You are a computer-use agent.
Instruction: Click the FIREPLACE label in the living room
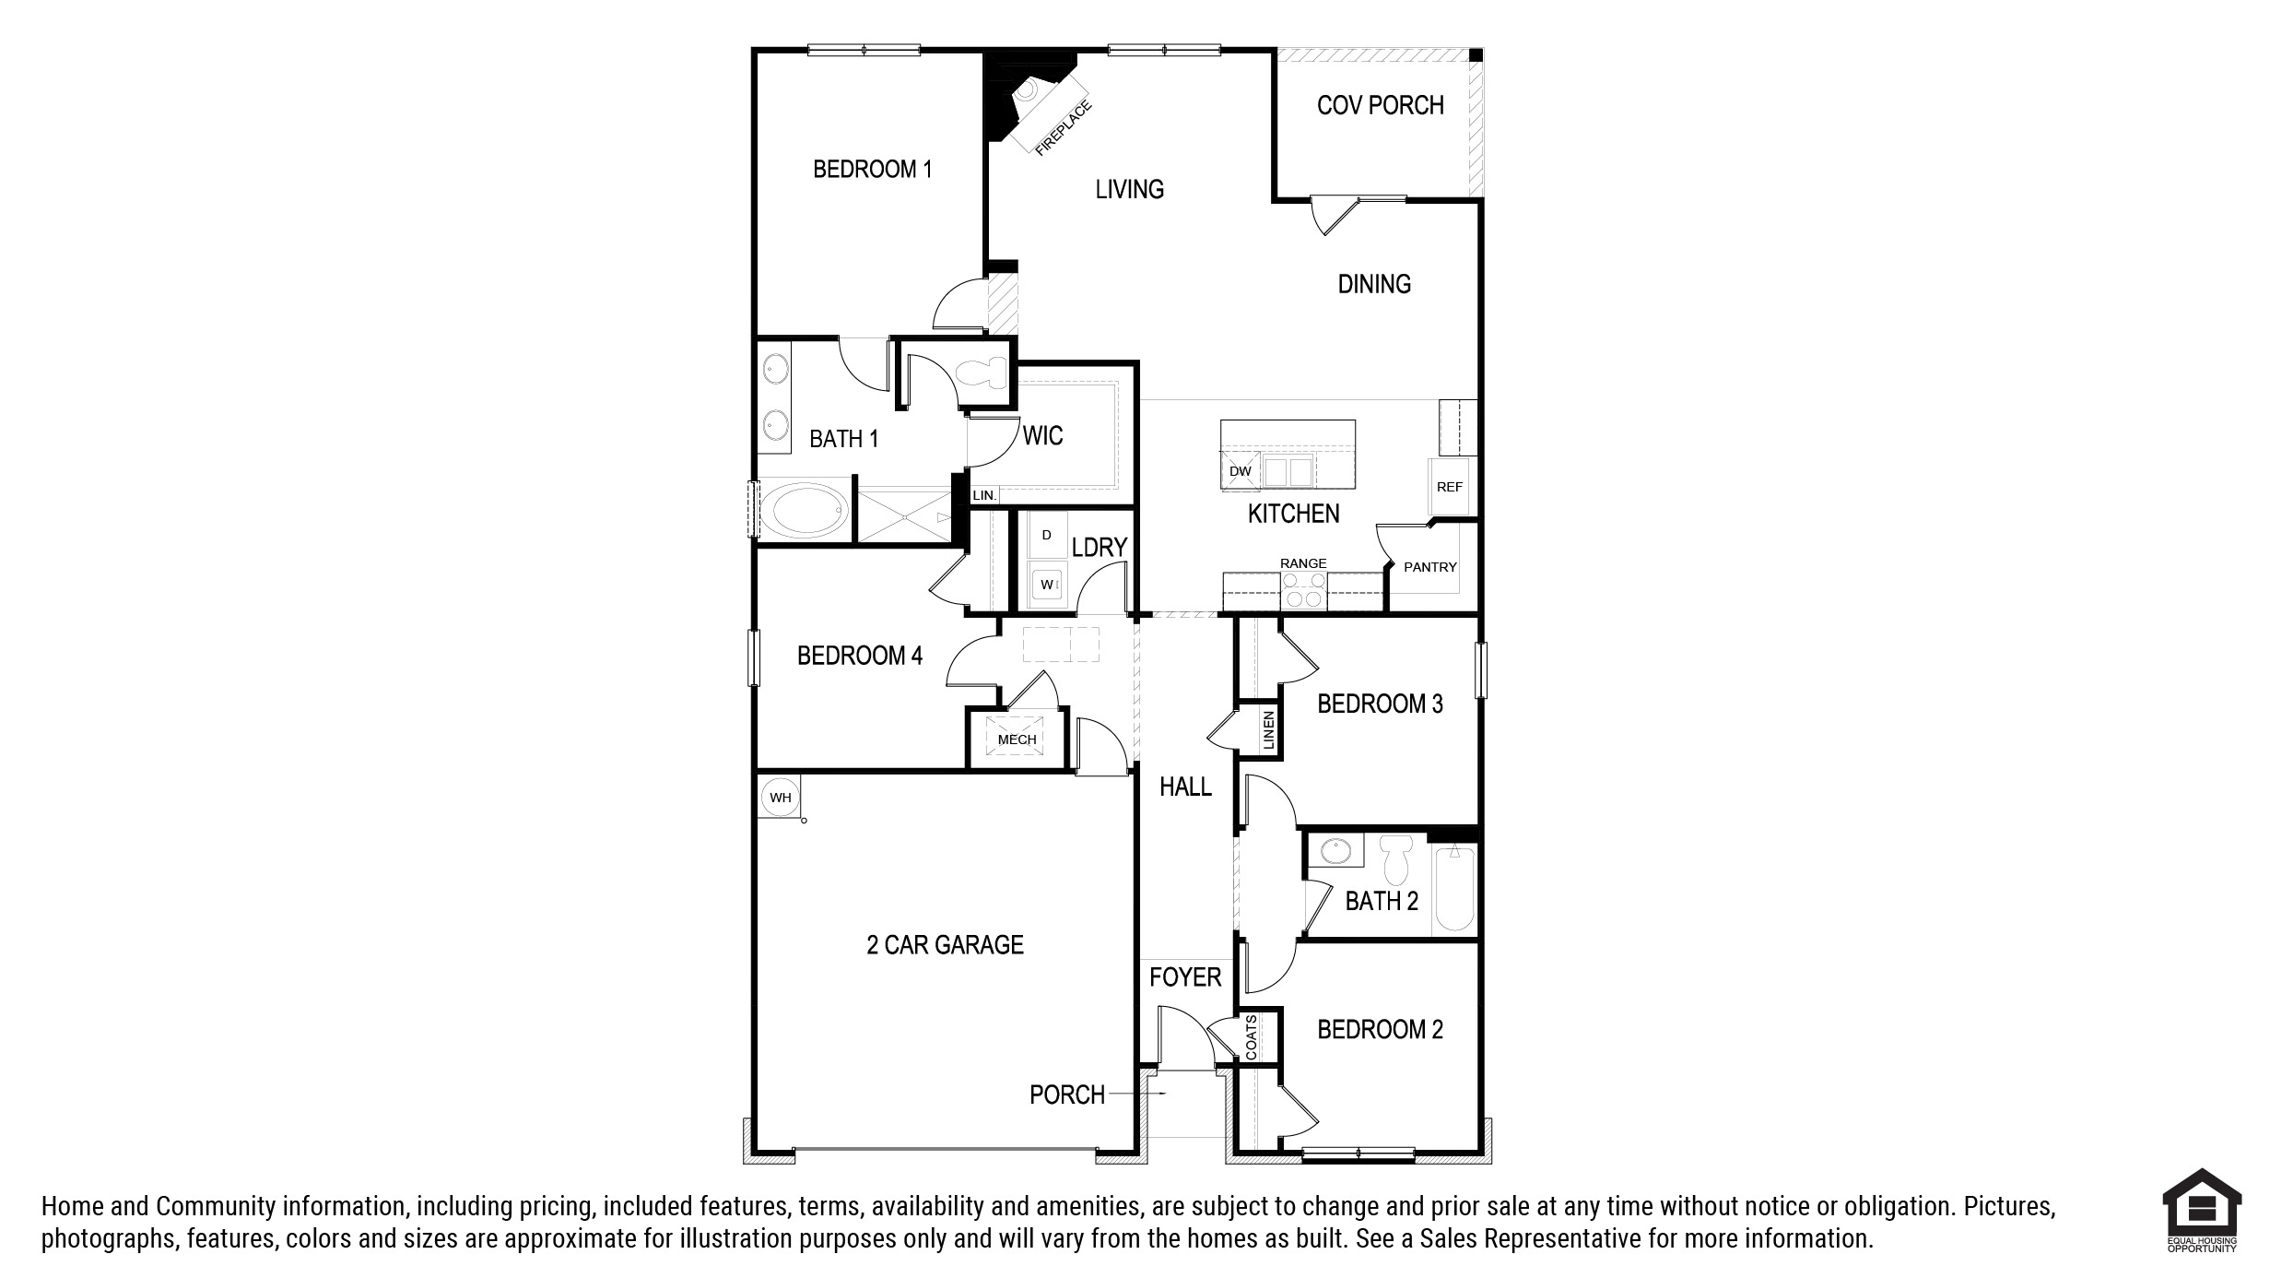1064,127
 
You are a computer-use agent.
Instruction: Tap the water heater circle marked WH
780,798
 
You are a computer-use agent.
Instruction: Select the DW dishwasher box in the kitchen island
1240,471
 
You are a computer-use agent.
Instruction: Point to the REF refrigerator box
1450,487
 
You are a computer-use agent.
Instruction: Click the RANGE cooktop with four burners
1303,590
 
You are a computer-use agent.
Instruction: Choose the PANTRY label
1429,567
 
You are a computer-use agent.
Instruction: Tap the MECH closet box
1017,739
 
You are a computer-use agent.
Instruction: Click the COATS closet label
1251,1038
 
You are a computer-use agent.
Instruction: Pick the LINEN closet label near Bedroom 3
1268,729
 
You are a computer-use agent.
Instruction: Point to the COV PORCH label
1380,105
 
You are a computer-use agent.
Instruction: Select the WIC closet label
1042,435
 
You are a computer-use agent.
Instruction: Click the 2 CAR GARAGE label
945,944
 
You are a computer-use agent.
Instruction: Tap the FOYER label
1185,977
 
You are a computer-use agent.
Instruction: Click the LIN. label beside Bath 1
984,495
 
